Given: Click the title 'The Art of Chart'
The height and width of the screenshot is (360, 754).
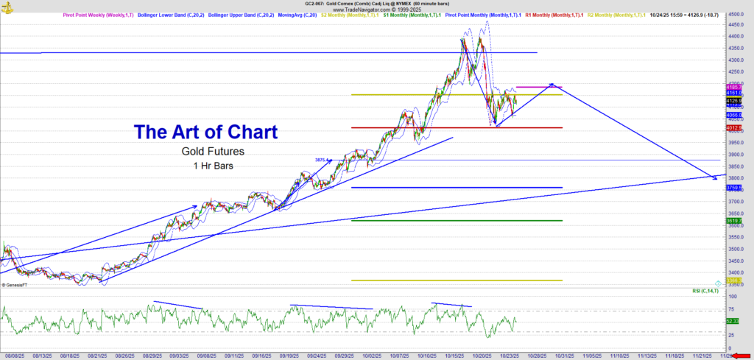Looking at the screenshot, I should click(x=205, y=133).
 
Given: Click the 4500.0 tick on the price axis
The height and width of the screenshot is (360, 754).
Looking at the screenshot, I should click(x=734, y=14).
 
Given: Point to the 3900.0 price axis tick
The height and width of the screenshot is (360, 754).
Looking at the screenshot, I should click(x=734, y=155).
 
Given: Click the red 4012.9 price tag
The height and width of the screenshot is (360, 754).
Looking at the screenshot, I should click(x=733, y=128).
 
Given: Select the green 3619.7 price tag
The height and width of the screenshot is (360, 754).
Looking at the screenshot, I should click(x=733, y=220).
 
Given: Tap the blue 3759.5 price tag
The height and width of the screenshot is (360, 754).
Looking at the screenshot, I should click(x=733, y=188).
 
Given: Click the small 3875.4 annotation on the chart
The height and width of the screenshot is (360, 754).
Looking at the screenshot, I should click(x=321, y=160).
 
